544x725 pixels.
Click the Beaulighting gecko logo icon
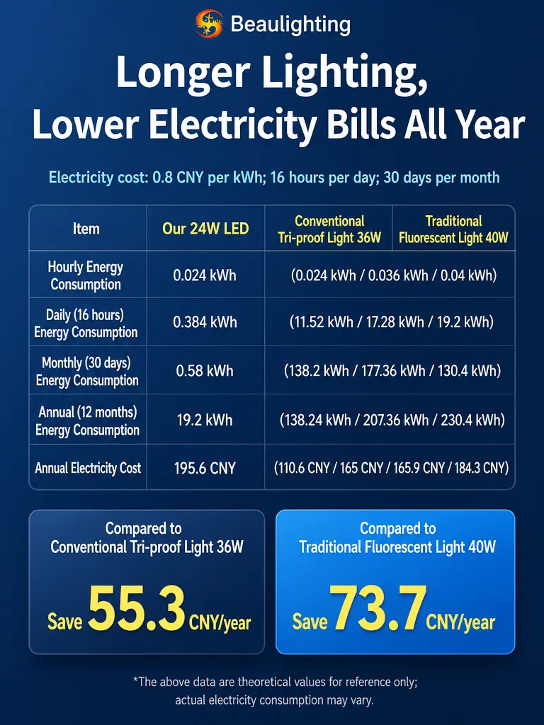pos(209,23)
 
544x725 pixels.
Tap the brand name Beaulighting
pos(290,25)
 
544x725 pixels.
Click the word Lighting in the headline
pos(345,73)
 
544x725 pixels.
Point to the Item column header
pos(86,229)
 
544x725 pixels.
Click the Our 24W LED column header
pos(205,229)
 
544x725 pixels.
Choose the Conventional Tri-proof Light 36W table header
pos(329,229)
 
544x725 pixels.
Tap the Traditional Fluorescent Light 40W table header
pos(453,229)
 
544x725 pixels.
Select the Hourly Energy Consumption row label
pos(86,275)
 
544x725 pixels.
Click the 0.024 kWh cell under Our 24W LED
pos(205,275)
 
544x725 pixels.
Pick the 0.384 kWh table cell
pos(205,322)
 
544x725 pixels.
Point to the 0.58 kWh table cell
pos(205,371)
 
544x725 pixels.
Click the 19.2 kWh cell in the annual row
pos(205,420)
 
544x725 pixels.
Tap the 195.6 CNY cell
pos(205,468)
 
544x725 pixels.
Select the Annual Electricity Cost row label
pos(88,468)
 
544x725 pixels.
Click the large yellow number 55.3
pos(137,608)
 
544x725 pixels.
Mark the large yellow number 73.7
pos(378,608)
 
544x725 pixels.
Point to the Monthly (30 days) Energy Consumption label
pos(87,371)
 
